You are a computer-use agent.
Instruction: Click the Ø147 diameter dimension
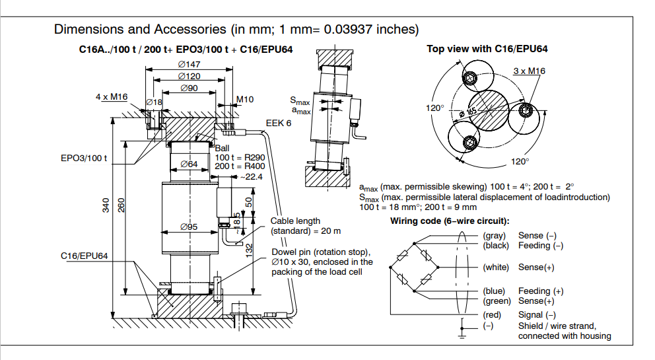(x=189, y=64)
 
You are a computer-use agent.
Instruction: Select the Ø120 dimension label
(x=189, y=76)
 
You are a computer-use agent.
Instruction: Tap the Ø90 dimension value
(x=188, y=88)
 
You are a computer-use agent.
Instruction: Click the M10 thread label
(x=246, y=100)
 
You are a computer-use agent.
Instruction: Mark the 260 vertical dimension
(x=120, y=207)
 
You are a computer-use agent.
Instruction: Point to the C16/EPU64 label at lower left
(x=84, y=254)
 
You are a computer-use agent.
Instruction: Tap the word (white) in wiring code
(x=495, y=268)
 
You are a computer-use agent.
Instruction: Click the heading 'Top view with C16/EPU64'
(x=487, y=49)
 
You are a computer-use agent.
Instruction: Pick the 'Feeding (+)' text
(x=541, y=291)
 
